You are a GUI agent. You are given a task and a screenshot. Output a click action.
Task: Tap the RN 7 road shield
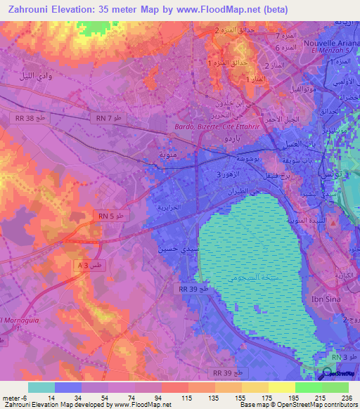(x=107, y=119)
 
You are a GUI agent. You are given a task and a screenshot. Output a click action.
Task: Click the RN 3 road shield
(x=342, y=357)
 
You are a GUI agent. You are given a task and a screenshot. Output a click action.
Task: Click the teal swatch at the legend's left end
(x=41, y=387)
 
